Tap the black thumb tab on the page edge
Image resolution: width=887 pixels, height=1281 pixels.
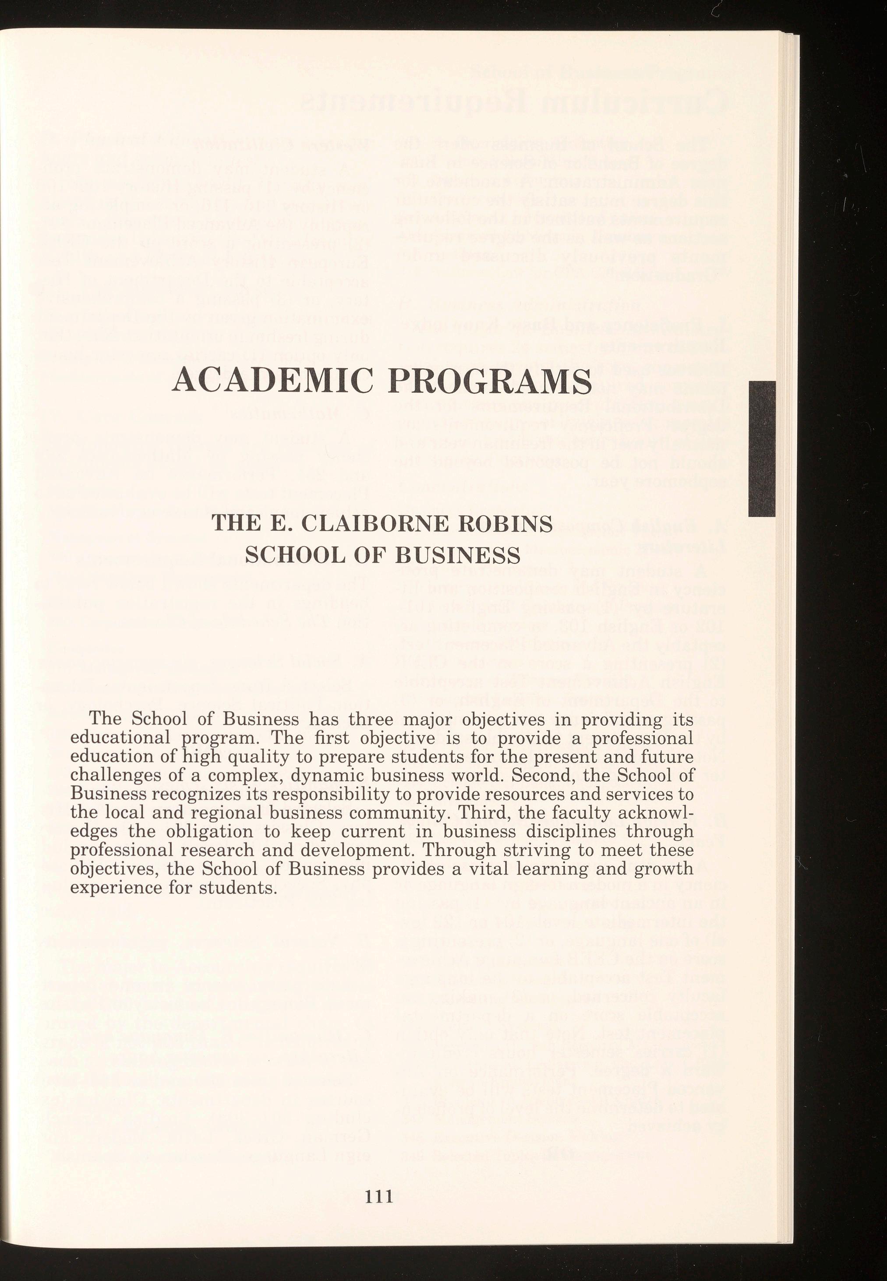point(761,449)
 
